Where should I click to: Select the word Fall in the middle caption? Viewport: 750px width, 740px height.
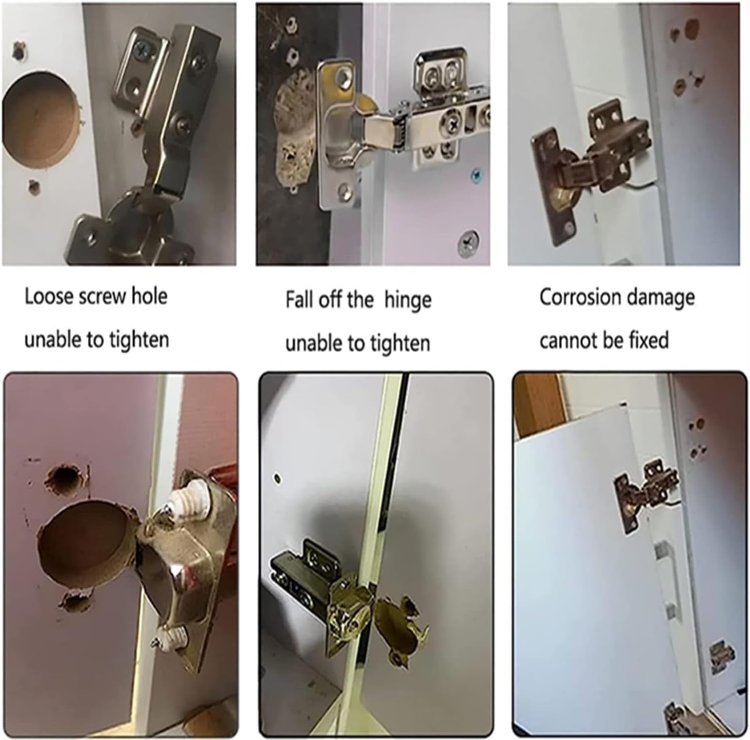[299, 300]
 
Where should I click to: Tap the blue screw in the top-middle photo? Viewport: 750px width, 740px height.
[476, 175]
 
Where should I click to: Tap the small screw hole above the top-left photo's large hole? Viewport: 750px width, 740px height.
[19, 51]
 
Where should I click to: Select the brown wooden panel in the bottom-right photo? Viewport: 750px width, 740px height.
[538, 406]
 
